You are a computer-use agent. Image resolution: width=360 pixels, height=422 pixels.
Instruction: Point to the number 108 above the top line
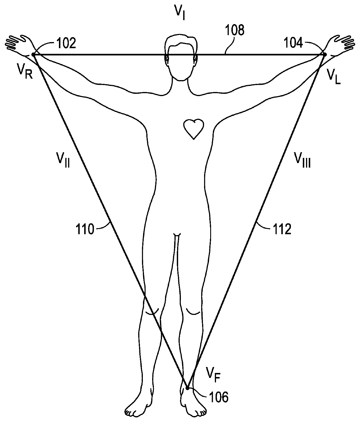[x=235, y=30]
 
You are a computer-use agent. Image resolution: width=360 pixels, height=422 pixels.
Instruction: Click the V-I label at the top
[x=179, y=12]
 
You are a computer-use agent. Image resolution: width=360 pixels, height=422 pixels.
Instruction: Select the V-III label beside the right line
[x=303, y=160]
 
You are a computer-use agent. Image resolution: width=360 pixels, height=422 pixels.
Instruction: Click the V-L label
[x=334, y=76]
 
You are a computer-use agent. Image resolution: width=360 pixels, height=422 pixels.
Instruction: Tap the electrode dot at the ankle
[x=188, y=388]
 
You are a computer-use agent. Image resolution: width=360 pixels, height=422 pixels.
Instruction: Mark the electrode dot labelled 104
[x=325, y=54]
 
